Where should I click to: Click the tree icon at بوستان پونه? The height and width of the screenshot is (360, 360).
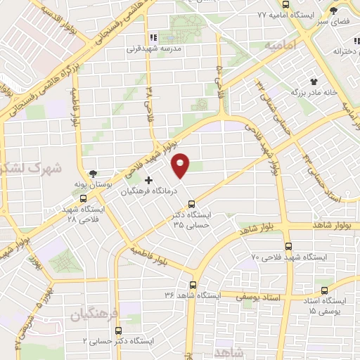click(94, 174)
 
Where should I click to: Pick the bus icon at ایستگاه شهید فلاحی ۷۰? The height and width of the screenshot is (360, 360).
click(289, 247)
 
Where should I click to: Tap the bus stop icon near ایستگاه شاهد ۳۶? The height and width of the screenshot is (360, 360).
click(194, 285)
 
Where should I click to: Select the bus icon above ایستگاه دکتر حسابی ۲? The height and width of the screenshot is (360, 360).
click(117, 330)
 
